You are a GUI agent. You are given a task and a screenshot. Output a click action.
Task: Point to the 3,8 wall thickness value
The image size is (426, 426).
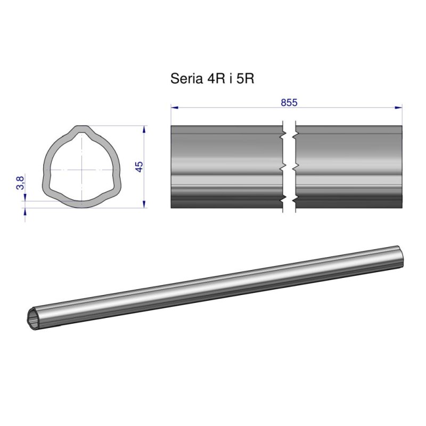click(x=20, y=184)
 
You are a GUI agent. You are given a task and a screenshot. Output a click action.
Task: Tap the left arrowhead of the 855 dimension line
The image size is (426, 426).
click(x=174, y=108)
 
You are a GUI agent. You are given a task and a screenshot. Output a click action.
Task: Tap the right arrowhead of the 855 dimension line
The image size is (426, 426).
click(x=399, y=108)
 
